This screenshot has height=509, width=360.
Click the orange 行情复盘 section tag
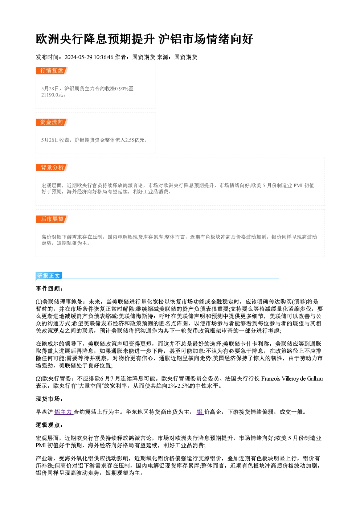52,71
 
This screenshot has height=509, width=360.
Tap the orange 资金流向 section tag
52,122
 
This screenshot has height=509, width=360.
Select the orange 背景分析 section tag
52,168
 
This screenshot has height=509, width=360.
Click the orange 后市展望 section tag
52,219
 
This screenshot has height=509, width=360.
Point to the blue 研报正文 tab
49,276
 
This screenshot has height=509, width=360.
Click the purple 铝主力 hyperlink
64,412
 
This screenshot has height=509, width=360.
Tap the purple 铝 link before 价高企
200,412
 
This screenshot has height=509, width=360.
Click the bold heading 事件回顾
49,288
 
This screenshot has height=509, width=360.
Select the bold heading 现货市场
49,399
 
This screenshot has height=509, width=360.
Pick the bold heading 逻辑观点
49,425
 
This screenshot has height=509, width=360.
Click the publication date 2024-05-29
78,57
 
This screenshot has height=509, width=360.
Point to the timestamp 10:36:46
103,57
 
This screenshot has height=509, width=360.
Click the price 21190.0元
52,95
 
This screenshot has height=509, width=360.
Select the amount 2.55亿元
135,140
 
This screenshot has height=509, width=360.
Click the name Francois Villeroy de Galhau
292,378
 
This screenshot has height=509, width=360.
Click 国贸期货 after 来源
186,57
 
